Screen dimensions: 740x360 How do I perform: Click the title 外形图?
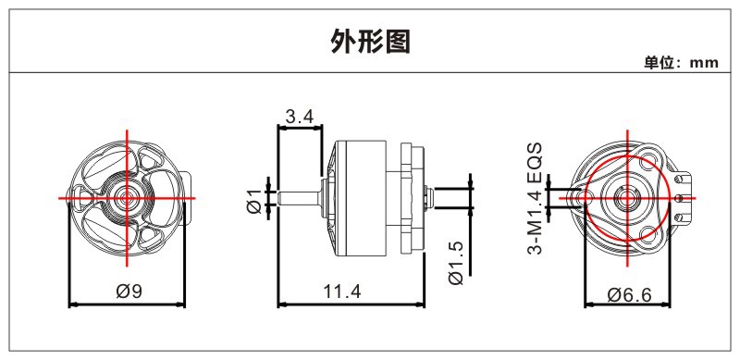(371, 42)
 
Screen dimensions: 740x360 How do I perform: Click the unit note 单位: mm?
(682, 62)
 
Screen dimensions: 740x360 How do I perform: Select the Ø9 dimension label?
(129, 292)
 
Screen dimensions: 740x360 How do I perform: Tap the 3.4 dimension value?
(300, 117)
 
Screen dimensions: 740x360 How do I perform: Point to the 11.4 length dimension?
(342, 292)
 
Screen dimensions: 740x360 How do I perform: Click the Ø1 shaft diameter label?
(254, 201)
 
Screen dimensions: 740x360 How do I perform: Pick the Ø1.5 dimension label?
(457, 263)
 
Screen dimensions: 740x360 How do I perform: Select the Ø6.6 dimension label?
(630, 295)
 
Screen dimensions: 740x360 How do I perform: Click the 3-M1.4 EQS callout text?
(536, 198)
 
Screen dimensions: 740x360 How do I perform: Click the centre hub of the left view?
(126, 198)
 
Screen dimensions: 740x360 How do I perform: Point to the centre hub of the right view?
(627, 198)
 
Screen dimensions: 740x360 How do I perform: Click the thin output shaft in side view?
(300, 198)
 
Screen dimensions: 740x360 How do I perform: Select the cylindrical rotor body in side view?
(360, 198)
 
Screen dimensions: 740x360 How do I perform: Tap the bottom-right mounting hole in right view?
(649, 234)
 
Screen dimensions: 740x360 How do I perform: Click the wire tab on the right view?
(684, 197)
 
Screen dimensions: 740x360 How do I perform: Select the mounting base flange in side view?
(412, 198)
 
